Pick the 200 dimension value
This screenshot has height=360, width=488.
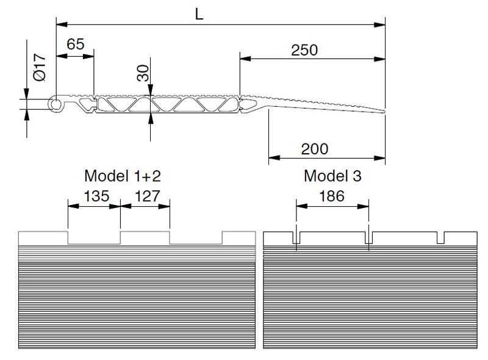point(315,148)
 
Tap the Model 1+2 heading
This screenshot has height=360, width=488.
point(122,176)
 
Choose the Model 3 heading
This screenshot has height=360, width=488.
point(332,176)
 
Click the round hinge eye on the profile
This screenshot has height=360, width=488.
point(56,105)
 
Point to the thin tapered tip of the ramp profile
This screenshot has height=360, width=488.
point(379,111)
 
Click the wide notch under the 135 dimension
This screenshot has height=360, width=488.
point(94,238)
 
